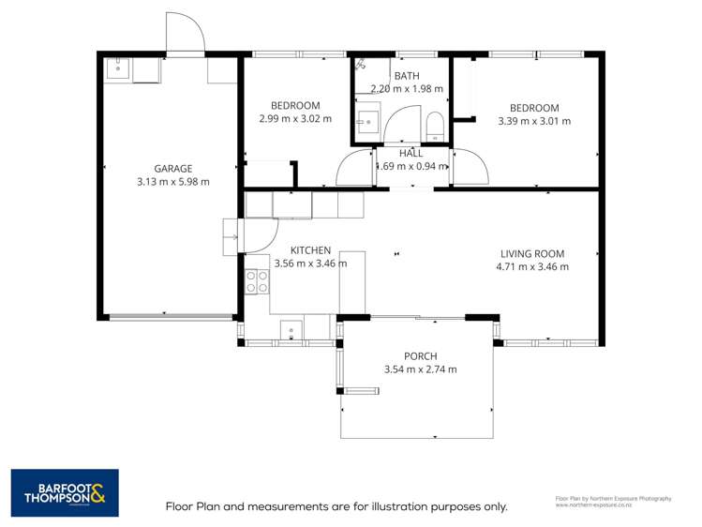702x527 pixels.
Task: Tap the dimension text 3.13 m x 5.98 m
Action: click(172, 182)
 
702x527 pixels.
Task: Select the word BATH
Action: click(407, 76)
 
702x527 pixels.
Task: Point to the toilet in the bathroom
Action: click(435, 126)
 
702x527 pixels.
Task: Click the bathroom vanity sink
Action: click(367, 122)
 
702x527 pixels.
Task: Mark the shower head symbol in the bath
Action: click(362, 65)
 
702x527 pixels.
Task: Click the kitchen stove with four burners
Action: click(256, 280)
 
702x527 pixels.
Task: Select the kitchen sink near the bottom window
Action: click(291, 329)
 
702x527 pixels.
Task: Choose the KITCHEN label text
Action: click(310, 250)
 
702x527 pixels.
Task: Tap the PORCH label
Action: click(420, 355)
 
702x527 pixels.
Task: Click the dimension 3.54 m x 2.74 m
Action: click(420, 369)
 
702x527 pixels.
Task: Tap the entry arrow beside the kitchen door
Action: click(231, 236)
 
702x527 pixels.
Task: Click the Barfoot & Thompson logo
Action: click(65, 492)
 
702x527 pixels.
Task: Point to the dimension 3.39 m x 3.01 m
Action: click(533, 120)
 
